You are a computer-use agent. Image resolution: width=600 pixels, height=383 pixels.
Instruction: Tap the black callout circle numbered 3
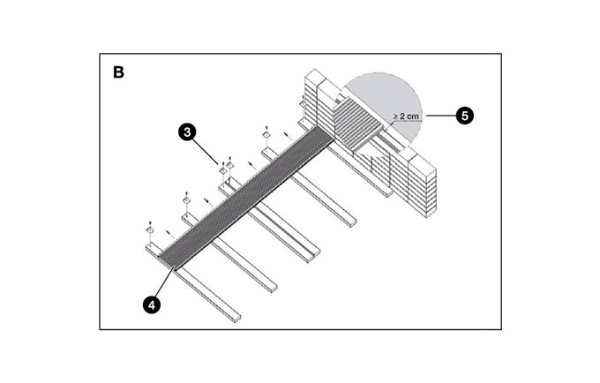[x=186, y=131]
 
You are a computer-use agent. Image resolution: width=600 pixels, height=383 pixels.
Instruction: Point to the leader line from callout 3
[x=207, y=147]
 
